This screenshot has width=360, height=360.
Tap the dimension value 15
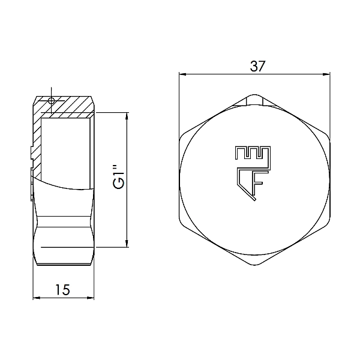click(63, 289)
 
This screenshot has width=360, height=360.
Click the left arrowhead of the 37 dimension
click(184, 75)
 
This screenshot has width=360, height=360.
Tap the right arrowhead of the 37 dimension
click(326, 75)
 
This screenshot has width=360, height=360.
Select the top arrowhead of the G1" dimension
click(126, 115)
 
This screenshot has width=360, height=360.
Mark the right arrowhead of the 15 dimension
click(91, 297)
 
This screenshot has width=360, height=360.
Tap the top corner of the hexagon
click(255, 95)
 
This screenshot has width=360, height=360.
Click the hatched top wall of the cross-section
click(69, 108)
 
